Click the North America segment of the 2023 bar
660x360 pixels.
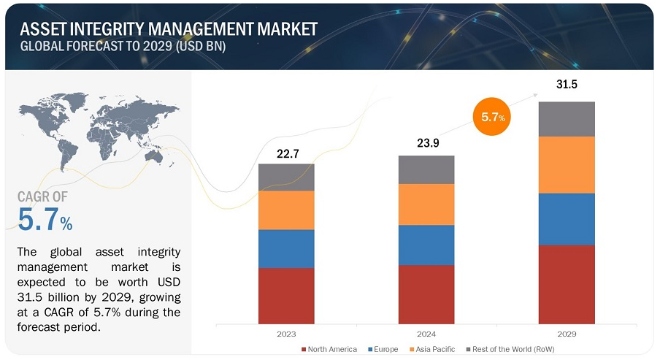286,295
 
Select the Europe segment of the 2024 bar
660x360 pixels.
426,245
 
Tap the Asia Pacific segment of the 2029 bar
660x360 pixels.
567,164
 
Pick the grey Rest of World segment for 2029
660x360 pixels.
567,119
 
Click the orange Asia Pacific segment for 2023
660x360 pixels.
286,210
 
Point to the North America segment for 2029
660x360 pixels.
567,284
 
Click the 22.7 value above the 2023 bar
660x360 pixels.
286,153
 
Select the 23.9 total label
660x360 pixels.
426,144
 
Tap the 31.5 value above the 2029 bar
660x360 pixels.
567,85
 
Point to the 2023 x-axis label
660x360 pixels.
286,334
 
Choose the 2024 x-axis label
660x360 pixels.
426,334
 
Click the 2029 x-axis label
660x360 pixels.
567,334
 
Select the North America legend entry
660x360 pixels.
329,349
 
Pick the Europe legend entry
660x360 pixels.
385,349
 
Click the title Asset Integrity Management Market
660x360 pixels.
169,29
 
